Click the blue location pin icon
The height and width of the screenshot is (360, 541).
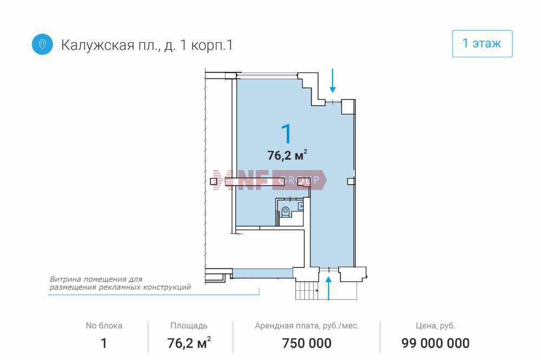[42, 44]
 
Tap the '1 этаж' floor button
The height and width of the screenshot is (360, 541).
[482, 43]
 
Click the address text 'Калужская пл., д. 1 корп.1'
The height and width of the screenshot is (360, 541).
[147, 45]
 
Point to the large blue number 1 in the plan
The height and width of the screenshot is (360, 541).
[287, 134]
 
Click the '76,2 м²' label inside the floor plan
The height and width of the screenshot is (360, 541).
[287, 155]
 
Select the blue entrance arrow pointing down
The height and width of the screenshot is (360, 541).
[332, 81]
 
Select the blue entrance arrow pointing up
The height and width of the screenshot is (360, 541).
[328, 288]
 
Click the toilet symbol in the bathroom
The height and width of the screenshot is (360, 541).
[285, 212]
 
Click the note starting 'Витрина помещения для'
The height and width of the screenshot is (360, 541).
[120, 283]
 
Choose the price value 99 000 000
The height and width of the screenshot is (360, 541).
[436, 343]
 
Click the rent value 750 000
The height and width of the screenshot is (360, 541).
[307, 343]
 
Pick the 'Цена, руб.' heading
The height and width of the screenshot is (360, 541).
[436, 325]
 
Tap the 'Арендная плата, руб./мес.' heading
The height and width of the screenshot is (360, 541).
[307, 325]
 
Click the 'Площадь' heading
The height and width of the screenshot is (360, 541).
[189, 325]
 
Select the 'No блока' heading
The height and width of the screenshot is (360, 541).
[104, 325]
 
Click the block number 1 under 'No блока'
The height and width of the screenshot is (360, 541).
[103, 343]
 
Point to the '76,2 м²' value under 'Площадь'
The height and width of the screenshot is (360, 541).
[189, 343]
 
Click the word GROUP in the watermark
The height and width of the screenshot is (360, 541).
[299, 180]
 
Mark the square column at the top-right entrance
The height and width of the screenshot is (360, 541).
[348, 107]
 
